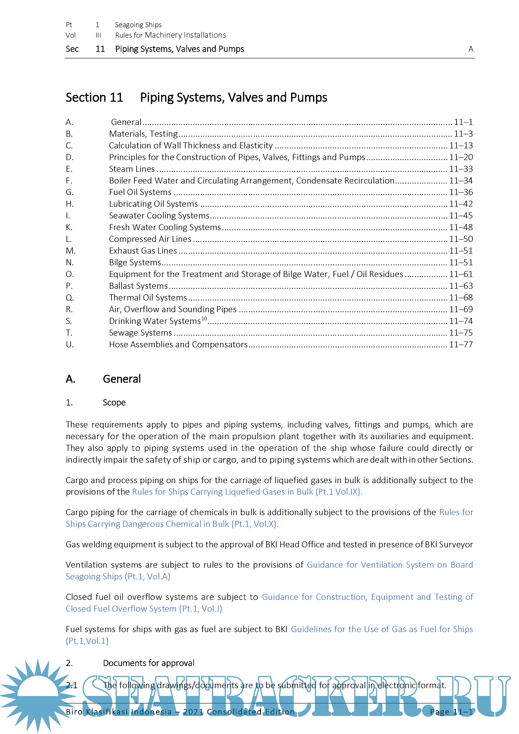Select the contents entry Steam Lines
(132, 169)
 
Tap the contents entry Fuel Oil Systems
(140, 192)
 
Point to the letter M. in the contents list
(70, 251)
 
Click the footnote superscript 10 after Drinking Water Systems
(204, 318)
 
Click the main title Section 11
(94, 98)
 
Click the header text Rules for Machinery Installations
(170, 35)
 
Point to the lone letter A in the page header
(470, 49)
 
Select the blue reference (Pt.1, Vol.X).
(255, 524)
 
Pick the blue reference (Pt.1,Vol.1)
(87, 641)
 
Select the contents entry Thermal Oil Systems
(148, 298)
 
